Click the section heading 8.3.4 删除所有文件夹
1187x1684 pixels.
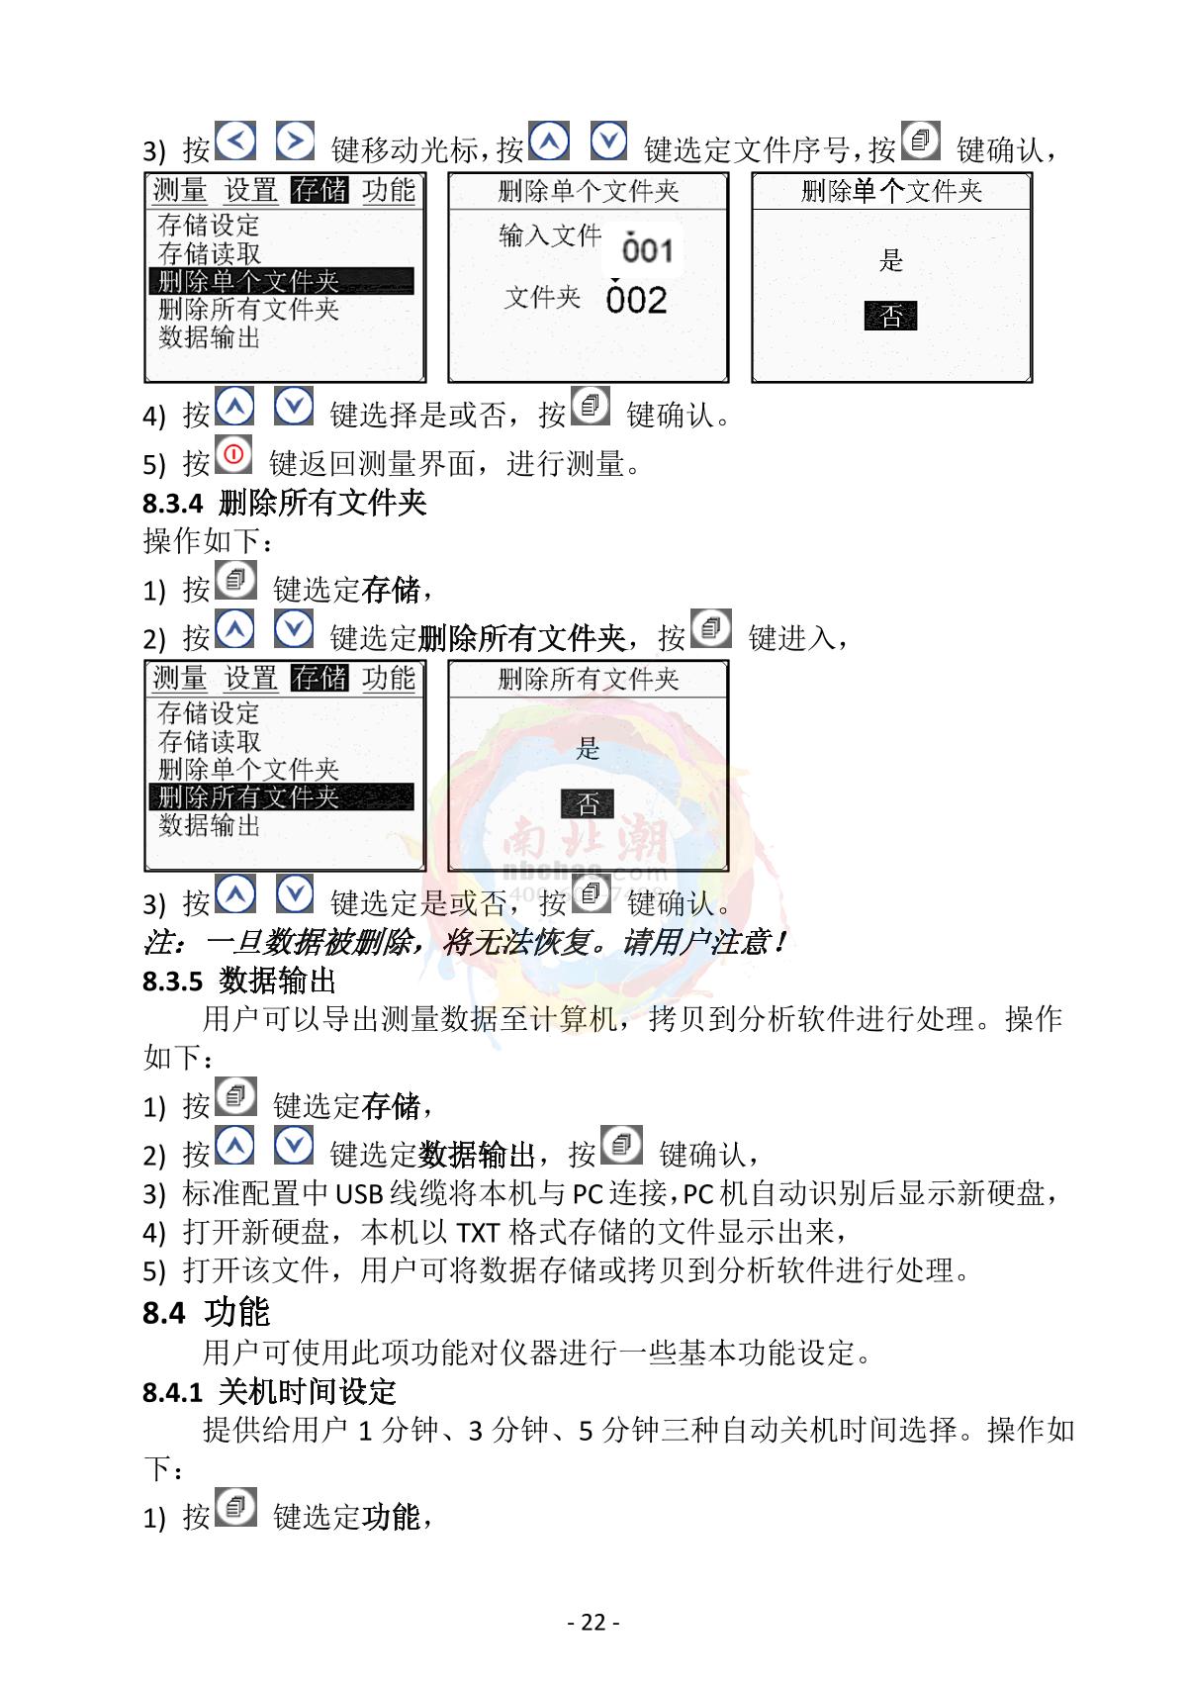284,503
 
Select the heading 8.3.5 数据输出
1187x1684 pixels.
239,981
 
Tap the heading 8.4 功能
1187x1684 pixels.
206,1312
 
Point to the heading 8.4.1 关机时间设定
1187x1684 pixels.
269,1391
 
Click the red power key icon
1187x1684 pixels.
233,454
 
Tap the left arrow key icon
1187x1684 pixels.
235,140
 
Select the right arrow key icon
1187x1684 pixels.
295,140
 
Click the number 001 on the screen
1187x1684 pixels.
647,250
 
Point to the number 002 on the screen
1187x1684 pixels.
636,300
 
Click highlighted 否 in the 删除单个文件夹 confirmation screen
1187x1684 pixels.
890,316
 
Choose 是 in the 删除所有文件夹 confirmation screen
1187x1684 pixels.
588,748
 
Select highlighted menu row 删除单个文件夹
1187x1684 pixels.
281,280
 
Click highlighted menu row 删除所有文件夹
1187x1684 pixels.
281,796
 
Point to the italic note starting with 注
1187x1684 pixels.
465,941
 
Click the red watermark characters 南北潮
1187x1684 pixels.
586,837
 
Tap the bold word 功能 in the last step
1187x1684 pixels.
391,1517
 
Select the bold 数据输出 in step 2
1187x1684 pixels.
477,1154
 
